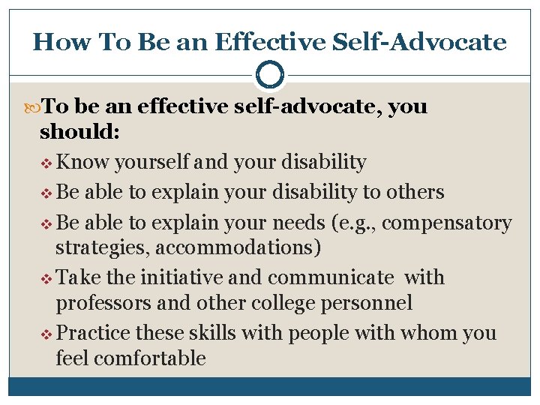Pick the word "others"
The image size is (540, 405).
coord(415,193)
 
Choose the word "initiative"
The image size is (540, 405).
coord(169,278)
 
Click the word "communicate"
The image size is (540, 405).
coord(330,278)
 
